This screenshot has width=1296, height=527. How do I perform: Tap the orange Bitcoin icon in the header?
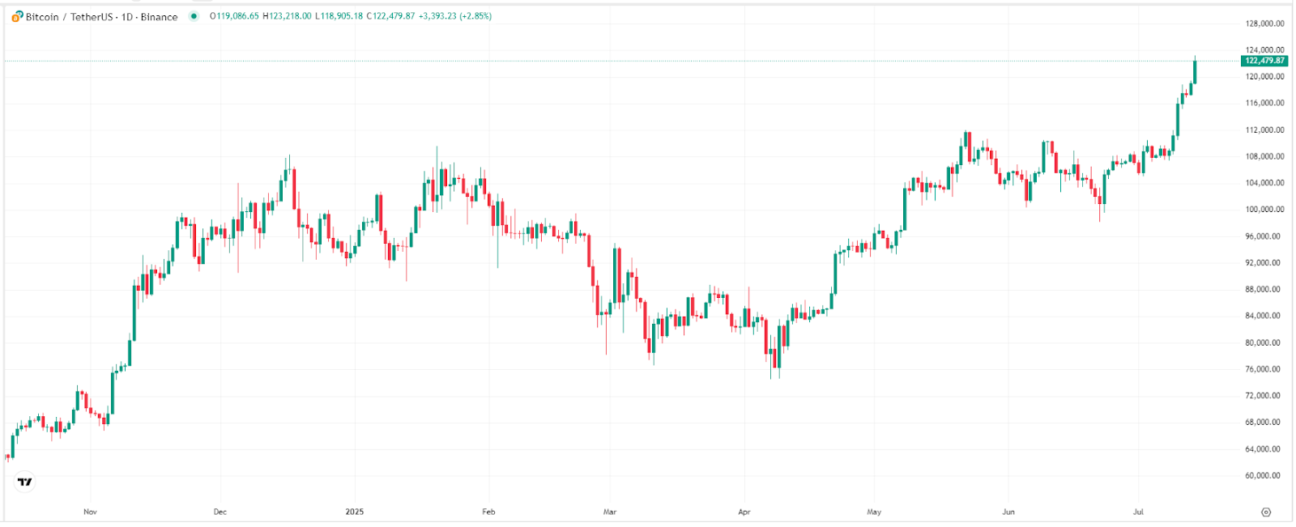click(17, 16)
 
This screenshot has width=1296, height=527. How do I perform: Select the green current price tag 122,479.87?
click(1264, 61)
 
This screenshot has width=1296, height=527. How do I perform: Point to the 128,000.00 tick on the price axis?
click(1264, 24)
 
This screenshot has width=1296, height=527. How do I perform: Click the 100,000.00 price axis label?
click(1264, 210)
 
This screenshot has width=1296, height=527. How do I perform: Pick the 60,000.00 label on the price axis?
click(1264, 476)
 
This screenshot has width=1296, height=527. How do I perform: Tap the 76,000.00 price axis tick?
click(1264, 369)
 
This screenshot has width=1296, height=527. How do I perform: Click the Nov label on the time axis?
click(90, 512)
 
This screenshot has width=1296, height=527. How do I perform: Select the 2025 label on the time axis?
click(354, 512)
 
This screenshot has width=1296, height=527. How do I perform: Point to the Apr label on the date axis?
click(744, 512)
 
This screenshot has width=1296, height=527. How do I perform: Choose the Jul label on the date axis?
click(1138, 512)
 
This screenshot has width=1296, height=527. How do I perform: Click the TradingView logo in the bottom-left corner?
click(25, 482)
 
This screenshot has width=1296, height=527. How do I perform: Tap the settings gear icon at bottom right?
click(1266, 512)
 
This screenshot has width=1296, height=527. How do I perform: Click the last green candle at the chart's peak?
click(1195, 72)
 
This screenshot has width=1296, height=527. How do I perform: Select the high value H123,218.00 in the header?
click(287, 16)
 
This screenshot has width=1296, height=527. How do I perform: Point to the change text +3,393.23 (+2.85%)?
click(454, 16)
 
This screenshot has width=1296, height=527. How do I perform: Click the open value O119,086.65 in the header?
click(235, 16)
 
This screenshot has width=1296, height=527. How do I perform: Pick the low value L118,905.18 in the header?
click(339, 16)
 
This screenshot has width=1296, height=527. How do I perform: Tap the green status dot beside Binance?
click(194, 16)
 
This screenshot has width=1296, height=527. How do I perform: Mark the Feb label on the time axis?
click(488, 512)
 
